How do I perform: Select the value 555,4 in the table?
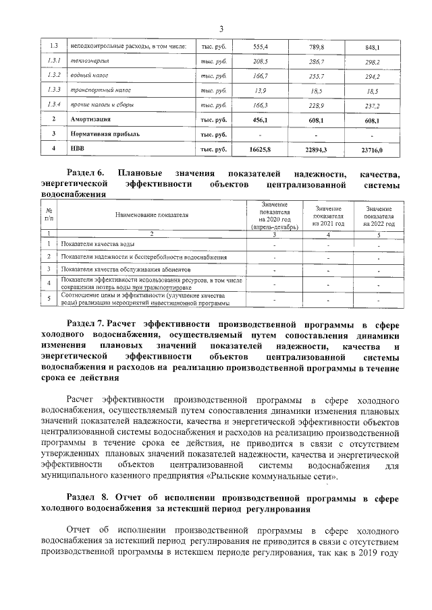pos(261,47)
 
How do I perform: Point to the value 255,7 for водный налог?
pos(316,75)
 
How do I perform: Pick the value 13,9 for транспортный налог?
pos(261,90)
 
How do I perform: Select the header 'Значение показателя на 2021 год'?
pos(328,216)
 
